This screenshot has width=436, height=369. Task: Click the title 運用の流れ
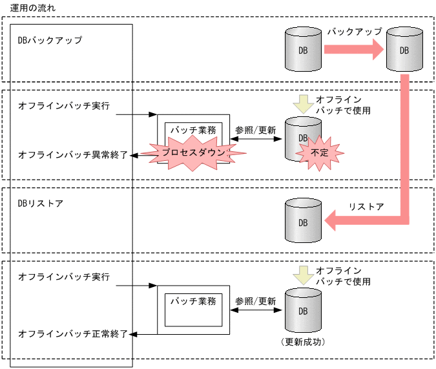[x=33, y=7]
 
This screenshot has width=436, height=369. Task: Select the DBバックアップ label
[x=50, y=40]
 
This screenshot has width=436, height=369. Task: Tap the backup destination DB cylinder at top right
[x=404, y=50]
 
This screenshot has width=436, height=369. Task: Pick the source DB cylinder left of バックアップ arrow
[x=303, y=50]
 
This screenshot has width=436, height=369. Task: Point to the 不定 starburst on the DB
[x=320, y=153]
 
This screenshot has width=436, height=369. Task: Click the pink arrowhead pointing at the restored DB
[x=334, y=222]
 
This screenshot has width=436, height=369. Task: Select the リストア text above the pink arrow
[x=366, y=207]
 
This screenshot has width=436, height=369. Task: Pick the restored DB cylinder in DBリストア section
[x=303, y=222]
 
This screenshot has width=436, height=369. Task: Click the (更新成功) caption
[x=302, y=341]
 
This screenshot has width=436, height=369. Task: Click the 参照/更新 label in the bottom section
[x=256, y=301]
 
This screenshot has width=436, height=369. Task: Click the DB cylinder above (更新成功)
[x=302, y=311]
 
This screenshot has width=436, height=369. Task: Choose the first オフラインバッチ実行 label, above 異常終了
[x=64, y=105]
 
